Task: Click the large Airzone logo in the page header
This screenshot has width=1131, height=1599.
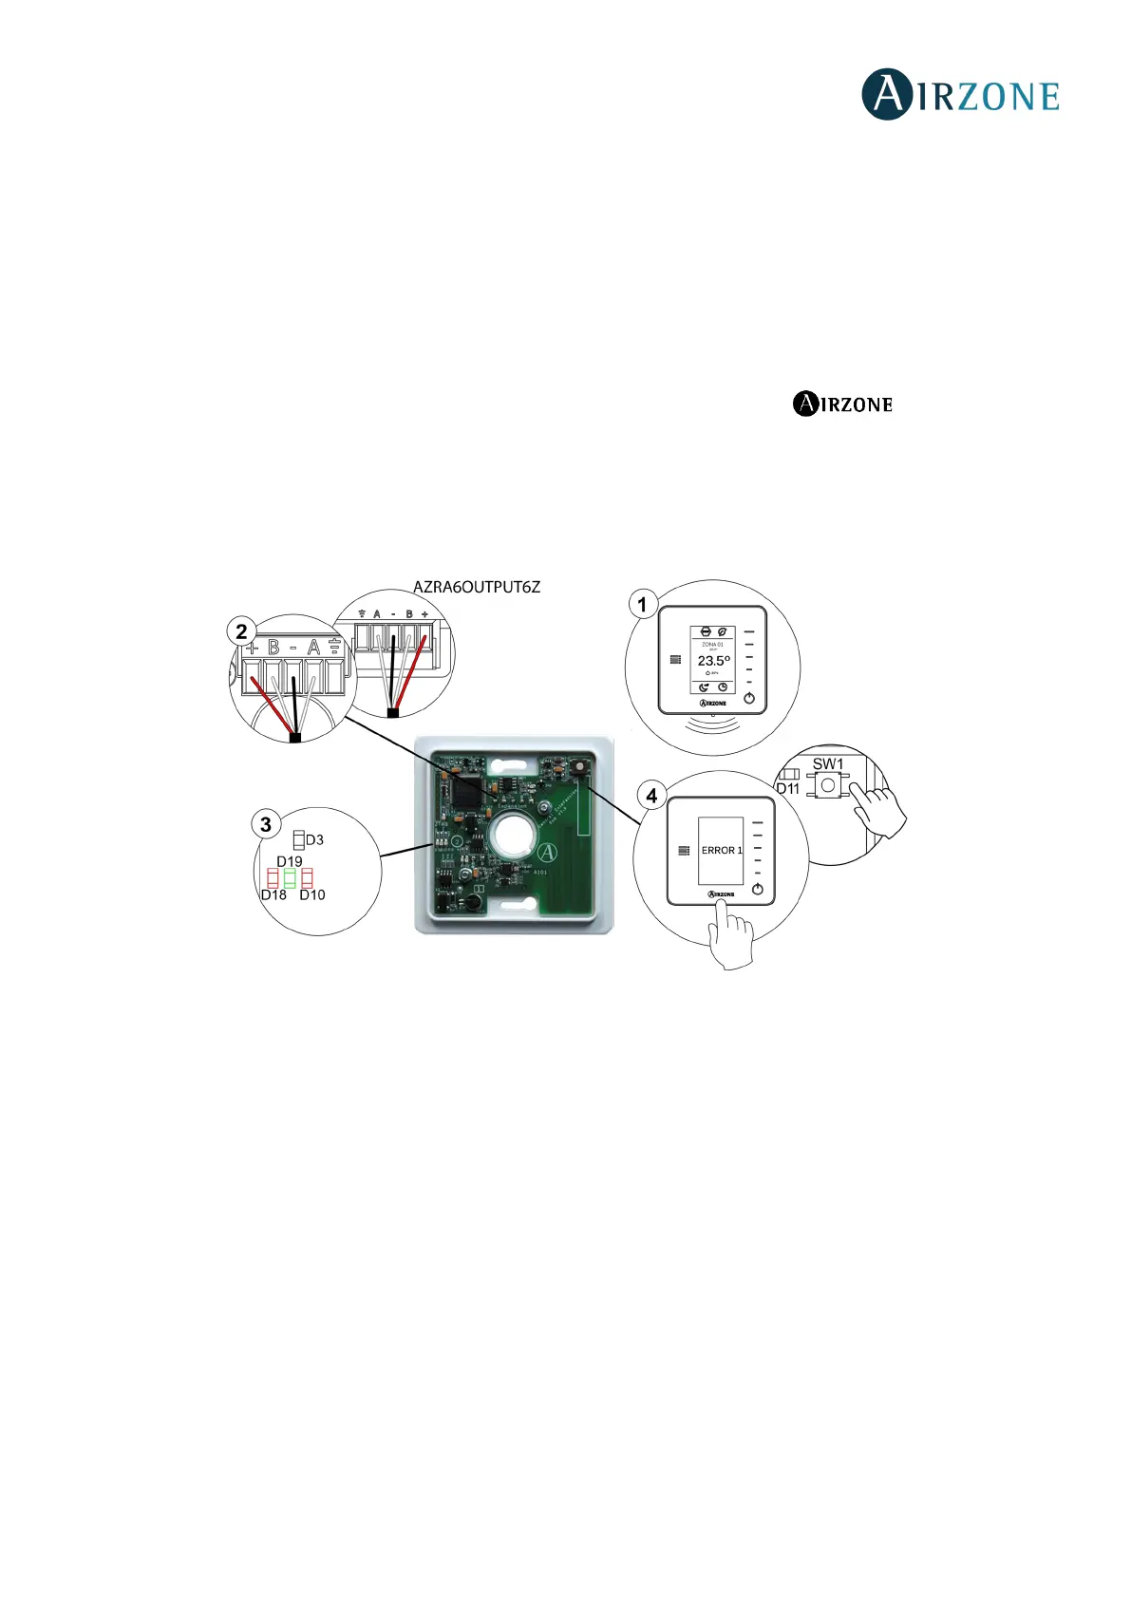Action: (960, 95)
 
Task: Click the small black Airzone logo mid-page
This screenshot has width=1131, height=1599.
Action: (842, 404)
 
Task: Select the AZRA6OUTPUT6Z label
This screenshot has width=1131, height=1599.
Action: (476, 587)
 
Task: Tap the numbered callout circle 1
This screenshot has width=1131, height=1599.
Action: (643, 604)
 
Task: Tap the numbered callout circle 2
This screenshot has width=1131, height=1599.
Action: (241, 630)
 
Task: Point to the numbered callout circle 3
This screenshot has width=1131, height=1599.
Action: (266, 824)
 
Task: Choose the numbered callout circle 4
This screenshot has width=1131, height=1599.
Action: (651, 795)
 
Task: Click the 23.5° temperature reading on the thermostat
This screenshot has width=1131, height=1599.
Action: (713, 660)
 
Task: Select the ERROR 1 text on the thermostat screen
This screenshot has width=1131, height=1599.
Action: (722, 850)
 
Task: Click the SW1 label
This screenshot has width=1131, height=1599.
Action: (827, 763)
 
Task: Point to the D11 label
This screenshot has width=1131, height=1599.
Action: (788, 788)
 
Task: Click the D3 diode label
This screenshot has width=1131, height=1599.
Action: (314, 839)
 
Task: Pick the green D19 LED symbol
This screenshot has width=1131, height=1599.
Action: (290, 878)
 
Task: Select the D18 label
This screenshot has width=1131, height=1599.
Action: (273, 894)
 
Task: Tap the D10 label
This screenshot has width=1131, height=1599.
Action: (312, 894)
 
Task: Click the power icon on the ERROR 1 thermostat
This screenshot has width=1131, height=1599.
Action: (757, 890)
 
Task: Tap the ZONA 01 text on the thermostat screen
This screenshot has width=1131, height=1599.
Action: (712, 645)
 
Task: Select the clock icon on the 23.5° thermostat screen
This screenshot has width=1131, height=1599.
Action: (723, 687)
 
